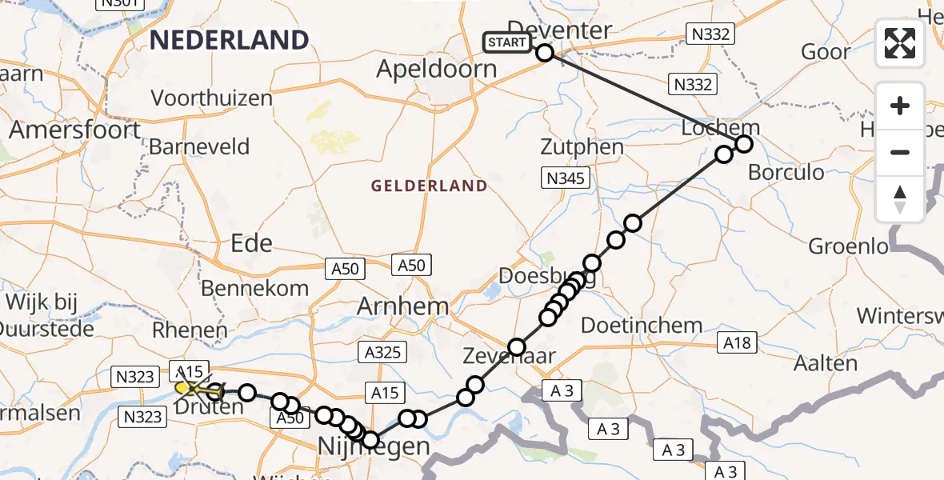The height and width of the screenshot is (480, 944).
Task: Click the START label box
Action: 507,42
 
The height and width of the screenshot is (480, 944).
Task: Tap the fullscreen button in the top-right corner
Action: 900,43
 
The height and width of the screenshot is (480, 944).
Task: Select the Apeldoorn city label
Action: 437,69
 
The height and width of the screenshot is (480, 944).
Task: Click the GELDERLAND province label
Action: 429,186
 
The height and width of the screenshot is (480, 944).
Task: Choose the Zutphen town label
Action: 582,147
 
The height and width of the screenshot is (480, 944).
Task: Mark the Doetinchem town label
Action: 642,326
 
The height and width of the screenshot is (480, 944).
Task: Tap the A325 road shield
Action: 384,352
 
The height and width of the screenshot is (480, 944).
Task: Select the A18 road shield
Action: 738,342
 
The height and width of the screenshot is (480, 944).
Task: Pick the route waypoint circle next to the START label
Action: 545,53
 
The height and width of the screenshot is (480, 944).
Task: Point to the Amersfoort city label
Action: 75,130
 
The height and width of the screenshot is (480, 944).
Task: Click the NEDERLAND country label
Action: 230,40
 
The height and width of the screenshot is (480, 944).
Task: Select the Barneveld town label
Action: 199,147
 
